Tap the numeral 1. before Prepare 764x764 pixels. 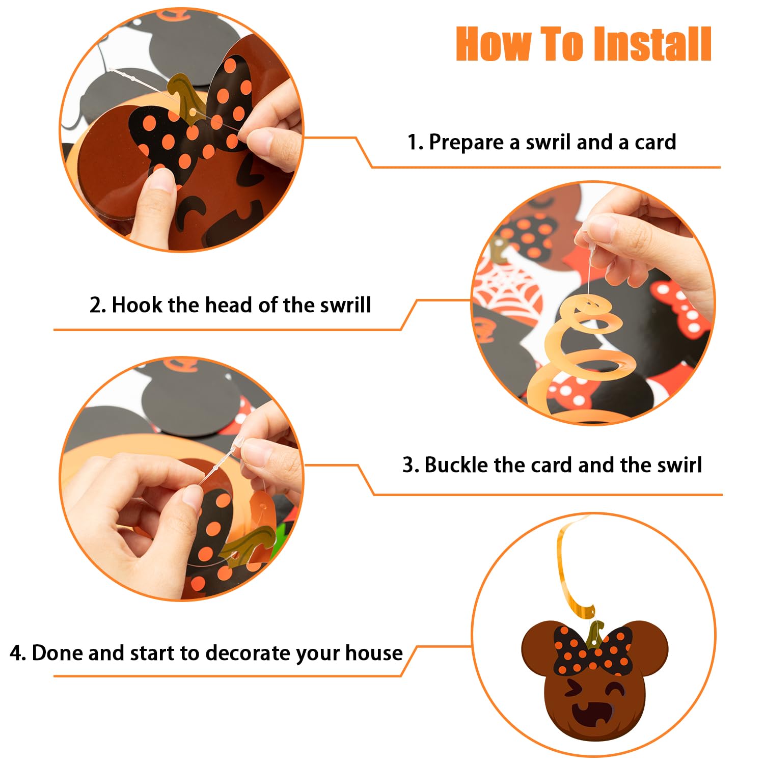tap(415, 142)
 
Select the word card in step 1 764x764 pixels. tap(655, 142)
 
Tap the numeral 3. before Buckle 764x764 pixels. tap(411, 465)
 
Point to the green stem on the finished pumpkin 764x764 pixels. tap(594, 633)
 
